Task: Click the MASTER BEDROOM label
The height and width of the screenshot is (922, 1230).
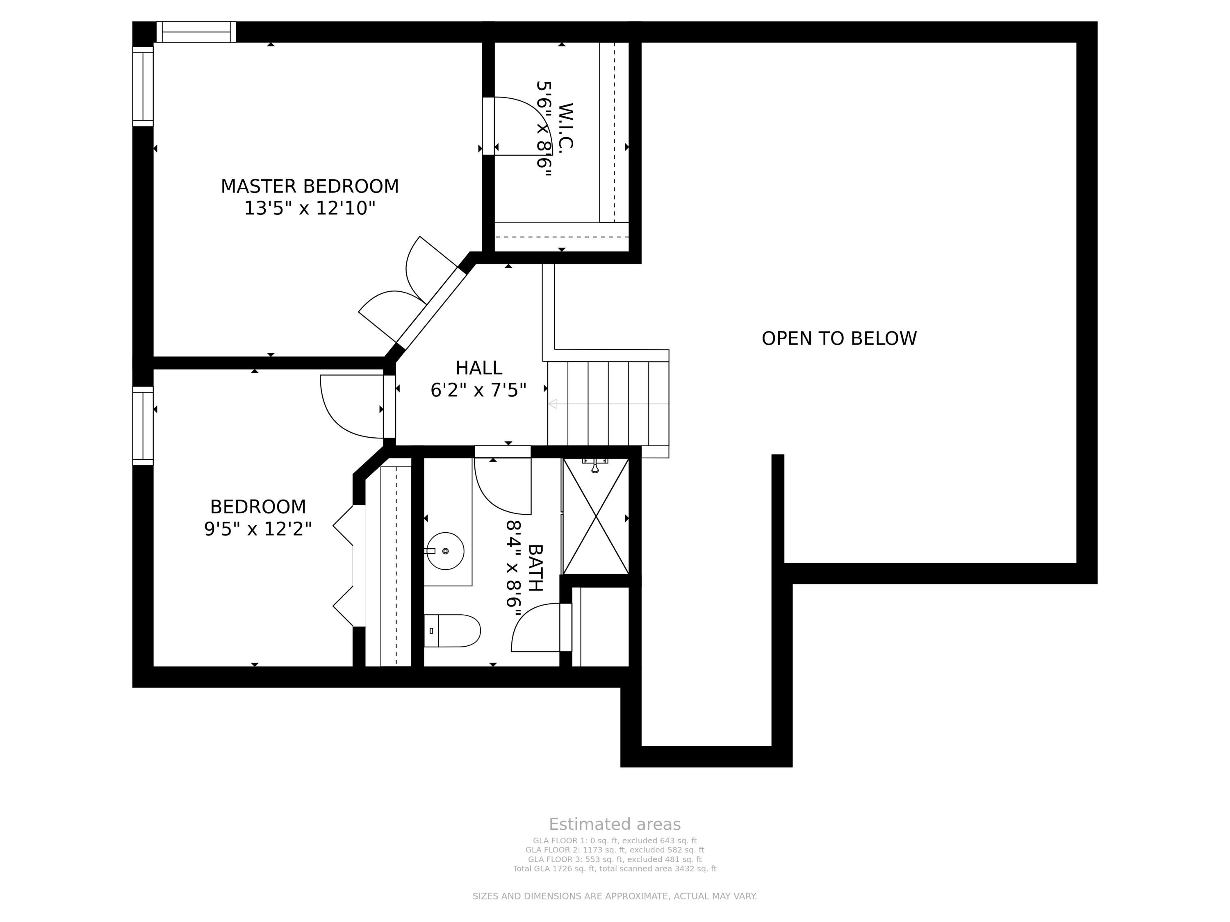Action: (310, 186)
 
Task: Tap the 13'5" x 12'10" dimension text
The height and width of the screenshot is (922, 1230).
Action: (310, 209)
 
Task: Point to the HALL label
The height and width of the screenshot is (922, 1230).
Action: (479, 368)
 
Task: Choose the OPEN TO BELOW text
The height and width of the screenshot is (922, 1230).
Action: (839, 338)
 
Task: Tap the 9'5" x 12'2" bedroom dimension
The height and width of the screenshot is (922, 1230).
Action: (258, 529)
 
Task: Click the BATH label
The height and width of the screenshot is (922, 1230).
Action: (535, 568)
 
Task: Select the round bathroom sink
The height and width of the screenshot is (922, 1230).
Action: (445, 551)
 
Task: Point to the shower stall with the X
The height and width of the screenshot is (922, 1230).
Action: (596, 516)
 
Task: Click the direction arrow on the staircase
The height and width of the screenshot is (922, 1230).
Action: (608, 404)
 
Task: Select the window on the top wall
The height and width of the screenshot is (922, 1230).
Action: (196, 32)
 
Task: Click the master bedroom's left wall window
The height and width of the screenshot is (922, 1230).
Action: (143, 86)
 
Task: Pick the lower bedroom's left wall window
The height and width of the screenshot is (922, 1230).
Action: (143, 426)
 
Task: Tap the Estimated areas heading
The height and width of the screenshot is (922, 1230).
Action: (615, 824)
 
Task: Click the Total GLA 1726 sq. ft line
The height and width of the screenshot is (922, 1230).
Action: (615, 869)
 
